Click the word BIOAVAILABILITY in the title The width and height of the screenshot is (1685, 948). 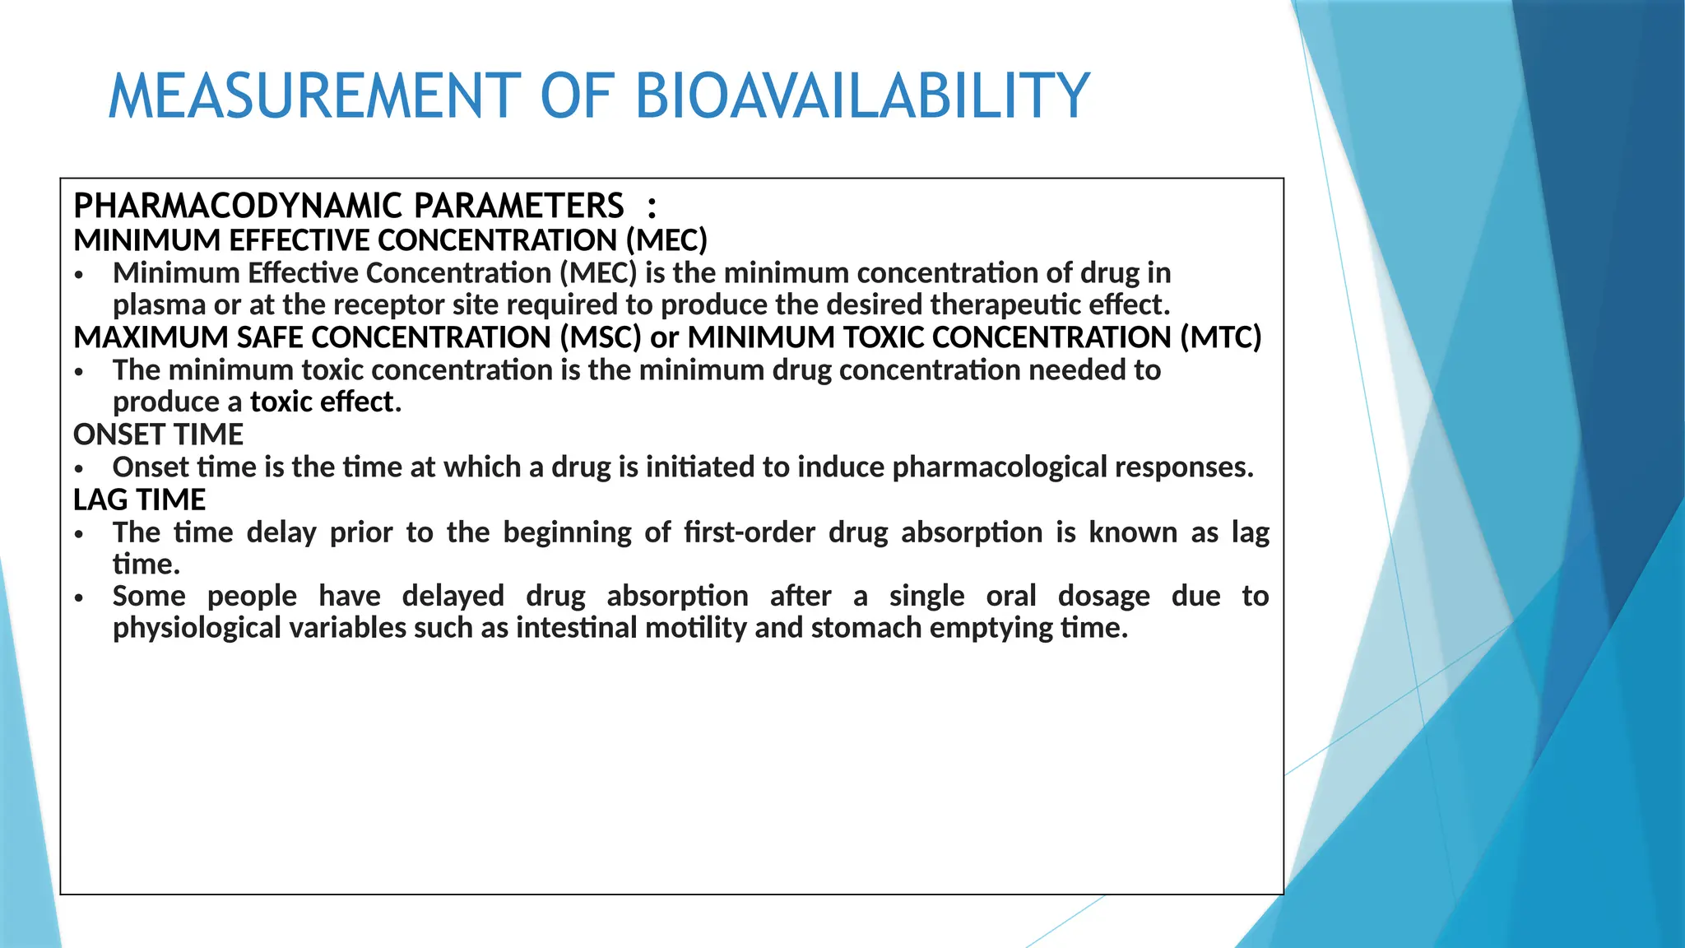862,96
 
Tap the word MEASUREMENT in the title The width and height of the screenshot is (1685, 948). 315,96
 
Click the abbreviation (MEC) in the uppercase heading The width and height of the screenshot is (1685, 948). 666,240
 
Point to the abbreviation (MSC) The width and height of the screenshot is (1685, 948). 601,337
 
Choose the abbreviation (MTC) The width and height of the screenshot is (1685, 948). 1220,337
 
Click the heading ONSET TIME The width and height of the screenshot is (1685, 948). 159,434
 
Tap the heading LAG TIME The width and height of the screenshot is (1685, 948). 139,500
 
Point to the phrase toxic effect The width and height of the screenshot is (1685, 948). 326,402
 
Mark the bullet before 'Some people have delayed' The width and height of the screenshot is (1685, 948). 79,598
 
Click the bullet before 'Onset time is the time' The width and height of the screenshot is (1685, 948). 79,469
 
